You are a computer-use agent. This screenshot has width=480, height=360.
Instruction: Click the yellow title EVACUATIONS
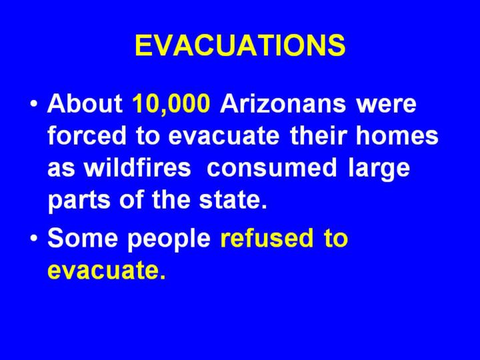coord(240,45)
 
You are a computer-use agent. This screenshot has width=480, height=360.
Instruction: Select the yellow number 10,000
coord(171,104)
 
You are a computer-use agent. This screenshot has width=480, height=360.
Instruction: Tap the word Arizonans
coord(283,103)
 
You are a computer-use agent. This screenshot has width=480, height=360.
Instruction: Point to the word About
coord(85,103)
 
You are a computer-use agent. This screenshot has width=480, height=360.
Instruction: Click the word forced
coord(87,135)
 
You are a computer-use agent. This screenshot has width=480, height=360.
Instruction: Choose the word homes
coord(397,135)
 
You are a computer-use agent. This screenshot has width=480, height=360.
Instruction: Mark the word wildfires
coord(137,167)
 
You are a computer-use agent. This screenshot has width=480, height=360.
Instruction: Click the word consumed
coord(271,167)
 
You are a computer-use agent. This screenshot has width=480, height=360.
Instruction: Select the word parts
coord(79,201)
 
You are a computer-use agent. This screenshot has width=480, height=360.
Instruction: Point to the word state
coord(233,200)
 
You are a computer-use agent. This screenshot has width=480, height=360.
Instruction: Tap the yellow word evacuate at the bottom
coord(106,270)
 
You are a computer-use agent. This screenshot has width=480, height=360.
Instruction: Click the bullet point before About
coord(34,104)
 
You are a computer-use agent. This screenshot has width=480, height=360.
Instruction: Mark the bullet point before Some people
coord(34,239)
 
